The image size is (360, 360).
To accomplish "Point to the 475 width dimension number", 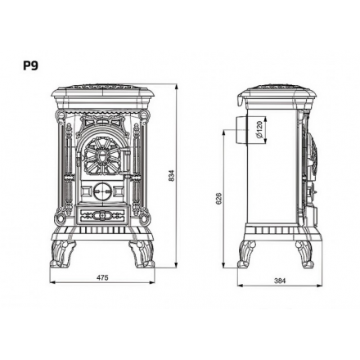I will tap(102, 278).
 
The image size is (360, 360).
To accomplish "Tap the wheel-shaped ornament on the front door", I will tap(102, 154).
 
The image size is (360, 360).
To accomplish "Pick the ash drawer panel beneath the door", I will tap(101, 216).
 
